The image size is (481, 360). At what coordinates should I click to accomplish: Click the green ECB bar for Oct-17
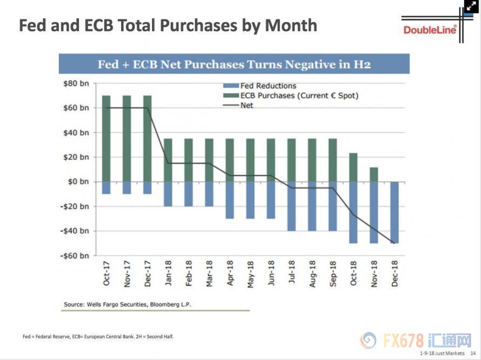coord(106,138)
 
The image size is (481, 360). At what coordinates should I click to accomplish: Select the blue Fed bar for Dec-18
coord(395,212)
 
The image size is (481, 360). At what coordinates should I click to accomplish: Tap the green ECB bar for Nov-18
coord(374,175)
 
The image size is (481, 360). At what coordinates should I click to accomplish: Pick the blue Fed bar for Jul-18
coord(292,206)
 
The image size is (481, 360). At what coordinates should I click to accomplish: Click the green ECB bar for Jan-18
coord(168,160)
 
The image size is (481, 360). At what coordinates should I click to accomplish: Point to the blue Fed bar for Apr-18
coord(230,200)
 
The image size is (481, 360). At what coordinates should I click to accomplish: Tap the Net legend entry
coord(246,105)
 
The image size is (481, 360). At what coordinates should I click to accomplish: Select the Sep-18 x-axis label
coord(333,274)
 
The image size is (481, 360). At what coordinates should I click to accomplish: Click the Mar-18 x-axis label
coord(209,274)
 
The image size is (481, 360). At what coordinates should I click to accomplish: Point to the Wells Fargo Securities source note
coord(127,304)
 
